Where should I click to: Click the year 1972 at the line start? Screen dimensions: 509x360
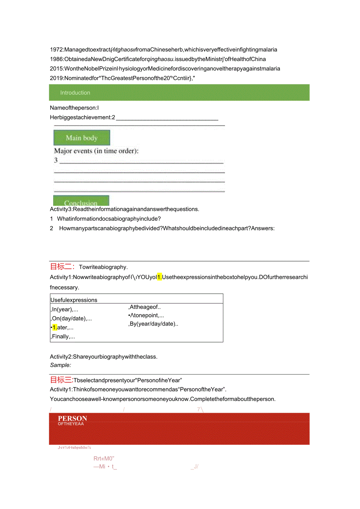[57, 50]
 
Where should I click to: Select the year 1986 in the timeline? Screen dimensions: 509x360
[57, 59]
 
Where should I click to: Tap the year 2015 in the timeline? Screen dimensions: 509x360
[57, 68]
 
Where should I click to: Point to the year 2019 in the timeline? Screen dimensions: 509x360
[57, 78]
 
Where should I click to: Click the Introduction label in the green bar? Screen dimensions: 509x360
[75, 93]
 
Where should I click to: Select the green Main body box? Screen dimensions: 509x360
[82, 138]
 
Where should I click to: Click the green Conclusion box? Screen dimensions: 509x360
[81, 201]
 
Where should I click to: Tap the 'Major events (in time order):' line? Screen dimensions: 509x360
[96, 151]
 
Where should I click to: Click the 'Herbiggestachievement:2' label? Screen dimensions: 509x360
[83, 117]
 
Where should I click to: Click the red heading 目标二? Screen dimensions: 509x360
[62, 267]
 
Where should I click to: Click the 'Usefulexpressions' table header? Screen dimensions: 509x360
[74, 300]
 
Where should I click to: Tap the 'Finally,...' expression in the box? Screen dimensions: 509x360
[63, 336]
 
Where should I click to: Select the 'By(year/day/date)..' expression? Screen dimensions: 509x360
[153, 324]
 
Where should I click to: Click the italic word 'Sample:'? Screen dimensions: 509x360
[61, 365]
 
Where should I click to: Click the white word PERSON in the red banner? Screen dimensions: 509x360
[72, 418]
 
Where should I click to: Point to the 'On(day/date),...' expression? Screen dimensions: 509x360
[71, 318]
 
